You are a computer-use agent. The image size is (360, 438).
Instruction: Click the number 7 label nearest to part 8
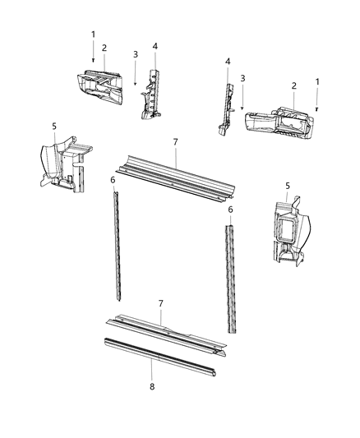click(161, 304)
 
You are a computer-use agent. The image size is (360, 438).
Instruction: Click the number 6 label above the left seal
click(113, 179)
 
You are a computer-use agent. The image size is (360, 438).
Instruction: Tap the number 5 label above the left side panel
click(54, 126)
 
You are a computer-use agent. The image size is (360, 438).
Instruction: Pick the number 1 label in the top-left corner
click(93, 35)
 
